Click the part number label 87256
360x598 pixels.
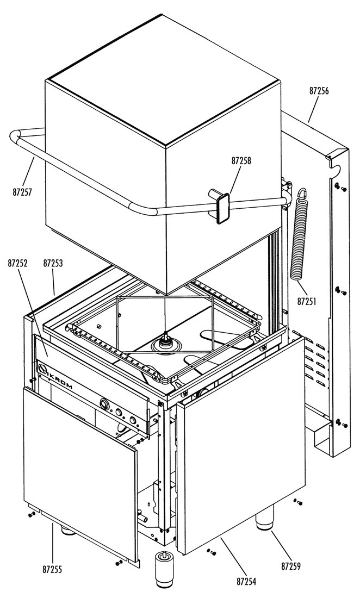(319, 91)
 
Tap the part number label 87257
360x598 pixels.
(22, 192)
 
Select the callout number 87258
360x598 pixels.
(241, 161)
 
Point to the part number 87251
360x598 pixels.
(307, 302)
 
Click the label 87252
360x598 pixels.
(17, 264)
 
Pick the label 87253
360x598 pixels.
(53, 264)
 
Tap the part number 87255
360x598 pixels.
(52, 570)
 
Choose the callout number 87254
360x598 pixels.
(246, 582)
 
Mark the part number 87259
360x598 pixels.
(291, 566)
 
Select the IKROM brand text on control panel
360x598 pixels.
(61, 380)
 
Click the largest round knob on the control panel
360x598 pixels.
(104, 404)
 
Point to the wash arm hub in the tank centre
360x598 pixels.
(165, 342)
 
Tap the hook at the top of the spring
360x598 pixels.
(303, 193)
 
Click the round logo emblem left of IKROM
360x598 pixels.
(41, 369)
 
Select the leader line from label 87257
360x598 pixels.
(28, 172)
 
